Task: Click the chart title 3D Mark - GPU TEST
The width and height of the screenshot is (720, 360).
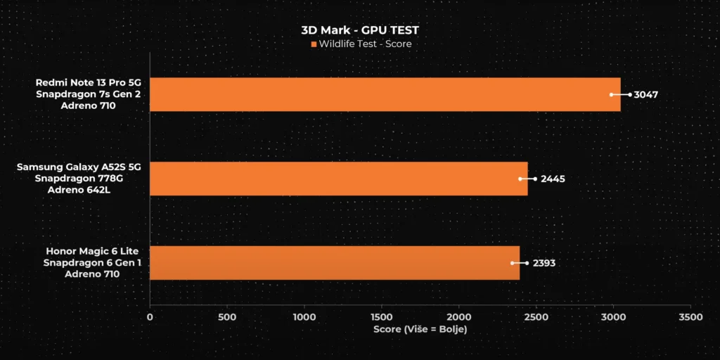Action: pyautogui.click(x=360, y=31)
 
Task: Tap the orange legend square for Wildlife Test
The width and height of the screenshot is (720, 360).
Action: pyautogui.click(x=314, y=44)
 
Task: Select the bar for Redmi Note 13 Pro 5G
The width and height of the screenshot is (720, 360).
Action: pyautogui.click(x=385, y=94)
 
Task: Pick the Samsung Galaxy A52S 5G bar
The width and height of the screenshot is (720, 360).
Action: pyautogui.click(x=338, y=179)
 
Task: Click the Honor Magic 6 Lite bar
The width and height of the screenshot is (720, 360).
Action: pyautogui.click(x=335, y=263)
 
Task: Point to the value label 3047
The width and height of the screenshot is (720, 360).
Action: pyautogui.click(x=646, y=95)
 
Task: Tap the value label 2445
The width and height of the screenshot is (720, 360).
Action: pyautogui.click(x=553, y=179)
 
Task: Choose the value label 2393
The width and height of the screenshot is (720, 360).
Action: pyautogui.click(x=544, y=264)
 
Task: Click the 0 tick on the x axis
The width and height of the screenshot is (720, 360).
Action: pyautogui.click(x=150, y=317)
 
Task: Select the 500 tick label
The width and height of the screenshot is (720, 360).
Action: pyautogui.click(x=227, y=317)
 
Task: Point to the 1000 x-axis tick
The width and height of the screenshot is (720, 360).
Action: pyautogui.click(x=304, y=317)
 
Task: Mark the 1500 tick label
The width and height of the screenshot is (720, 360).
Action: pyautogui.click(x=381, y=317)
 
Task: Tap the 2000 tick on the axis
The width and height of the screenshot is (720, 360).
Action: pyautogui.click(x=458, y=317)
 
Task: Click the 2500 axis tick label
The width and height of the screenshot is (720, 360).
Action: pyautogui.click(x=536, y=317)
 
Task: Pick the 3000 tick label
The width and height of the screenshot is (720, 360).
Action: pyautogui.click(x=613, y=317)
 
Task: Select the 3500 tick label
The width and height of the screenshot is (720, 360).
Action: pyautogui.click(x=690, y=317)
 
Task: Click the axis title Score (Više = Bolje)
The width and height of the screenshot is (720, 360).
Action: pyautogui.click(x=420, y=330)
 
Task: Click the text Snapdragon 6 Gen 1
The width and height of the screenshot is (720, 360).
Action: pyautogui.click(x=91, y=263)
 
